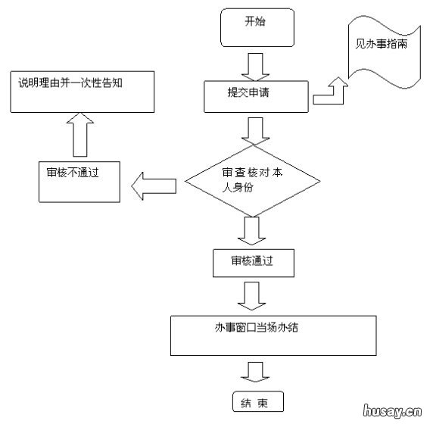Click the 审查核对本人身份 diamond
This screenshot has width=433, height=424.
(254, 180)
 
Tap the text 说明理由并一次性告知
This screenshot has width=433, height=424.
(71, 79)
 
